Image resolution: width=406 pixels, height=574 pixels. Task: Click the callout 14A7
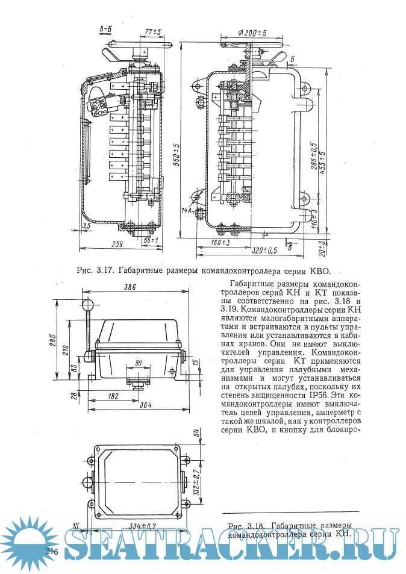click(187, 211)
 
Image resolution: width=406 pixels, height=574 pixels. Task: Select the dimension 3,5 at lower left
click(71, 226)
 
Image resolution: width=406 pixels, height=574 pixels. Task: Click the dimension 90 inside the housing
click(139, 363)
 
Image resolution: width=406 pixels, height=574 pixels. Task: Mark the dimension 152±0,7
click(196, 481)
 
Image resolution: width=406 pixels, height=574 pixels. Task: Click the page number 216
click(51, 552)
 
